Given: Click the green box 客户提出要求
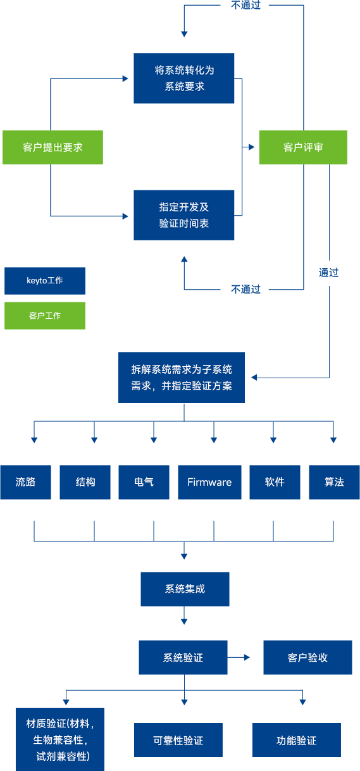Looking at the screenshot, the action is (x=53, y=147).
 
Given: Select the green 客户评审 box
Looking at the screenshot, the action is (x=303, y=147).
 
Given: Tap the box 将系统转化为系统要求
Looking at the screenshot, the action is (x=183, y=78).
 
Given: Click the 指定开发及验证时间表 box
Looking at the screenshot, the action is (x=183, y=215).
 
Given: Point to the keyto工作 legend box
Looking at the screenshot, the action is (x=45, y=281).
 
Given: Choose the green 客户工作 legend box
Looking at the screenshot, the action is (x=45, y=316).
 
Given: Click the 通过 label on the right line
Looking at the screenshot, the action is (x=328, y=273).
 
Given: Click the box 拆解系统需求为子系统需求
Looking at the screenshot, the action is (x=182, y=378).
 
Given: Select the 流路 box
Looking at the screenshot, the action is (x=25, y=482).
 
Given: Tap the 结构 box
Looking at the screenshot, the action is (x=85, y=482).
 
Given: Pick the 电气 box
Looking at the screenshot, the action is (x=144, y=482).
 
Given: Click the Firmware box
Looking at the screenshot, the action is (x=209, y=482).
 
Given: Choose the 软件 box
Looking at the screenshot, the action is (x=275, y=482).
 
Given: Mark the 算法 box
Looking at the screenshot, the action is (x=334, y=482).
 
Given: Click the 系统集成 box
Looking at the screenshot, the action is (x=185, y=589).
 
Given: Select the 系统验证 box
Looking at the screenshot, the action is (x=183, y=657).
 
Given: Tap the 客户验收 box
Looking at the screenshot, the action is (x=307, y=657).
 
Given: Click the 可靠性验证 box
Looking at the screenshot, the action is (x=178, y=740).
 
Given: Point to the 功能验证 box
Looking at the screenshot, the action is (x=297, y=740).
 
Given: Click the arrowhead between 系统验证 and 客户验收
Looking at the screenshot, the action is (x=247, y=657).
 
